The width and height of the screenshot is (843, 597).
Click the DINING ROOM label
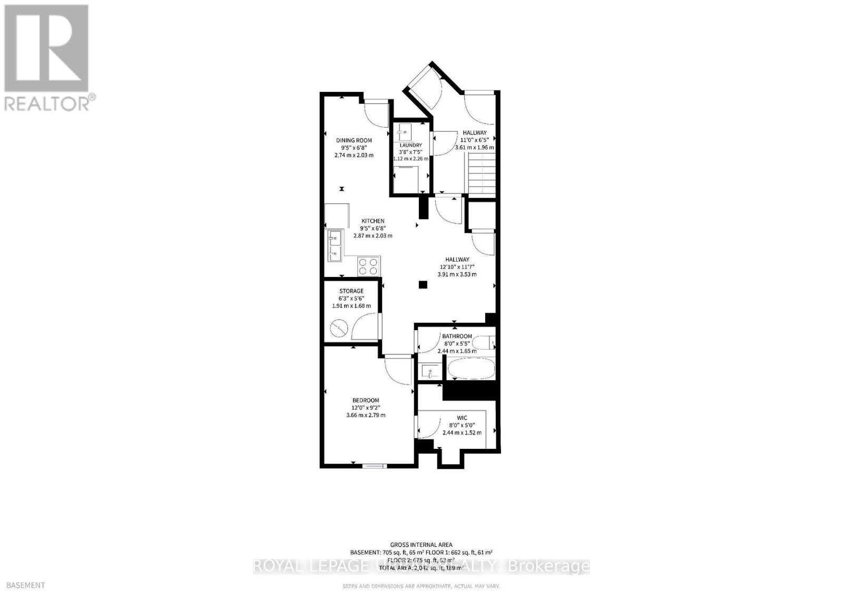(x=354, y=140)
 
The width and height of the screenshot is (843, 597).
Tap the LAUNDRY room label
(x=410, y=145)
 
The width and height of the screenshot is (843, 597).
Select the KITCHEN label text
(x=373, y=221)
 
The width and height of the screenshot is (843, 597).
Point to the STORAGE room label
(x=351, y=291)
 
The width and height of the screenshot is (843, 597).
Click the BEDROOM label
(x=366, y=400)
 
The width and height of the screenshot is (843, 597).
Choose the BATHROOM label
(x=457, y=336)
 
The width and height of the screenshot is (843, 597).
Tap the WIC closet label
(x=462, y=418)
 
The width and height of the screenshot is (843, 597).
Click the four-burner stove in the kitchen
(x=368, y=266)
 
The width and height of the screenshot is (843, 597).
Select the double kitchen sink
(x=335, y=246)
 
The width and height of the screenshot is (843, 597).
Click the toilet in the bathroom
(x=485, y=343)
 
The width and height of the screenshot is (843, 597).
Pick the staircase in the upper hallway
(x=481, y=172)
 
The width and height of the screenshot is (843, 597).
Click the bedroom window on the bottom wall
(x=376, y=466)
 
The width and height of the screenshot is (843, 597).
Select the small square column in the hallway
(x=423, y=285)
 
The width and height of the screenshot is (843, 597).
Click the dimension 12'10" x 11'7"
(x=457, y=267)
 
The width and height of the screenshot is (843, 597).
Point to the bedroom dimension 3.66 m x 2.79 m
(x=366, y=415)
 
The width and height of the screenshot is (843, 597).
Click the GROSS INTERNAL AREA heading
(x=421, y=545)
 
